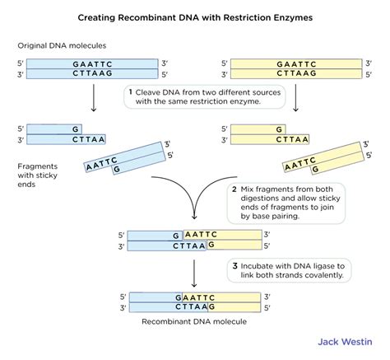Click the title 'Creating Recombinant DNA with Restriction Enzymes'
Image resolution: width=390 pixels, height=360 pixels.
pyautogui.click(x=194, y=15)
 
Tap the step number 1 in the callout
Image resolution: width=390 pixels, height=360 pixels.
pyautogui.click(x=131, y=93)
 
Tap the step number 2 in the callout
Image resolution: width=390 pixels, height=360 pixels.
pyautogui.click(x=234, y=189)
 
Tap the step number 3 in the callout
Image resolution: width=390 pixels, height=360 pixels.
pyautogui.click(x=234, y=265)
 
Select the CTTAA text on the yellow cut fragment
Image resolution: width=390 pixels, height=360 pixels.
pyautogui.click(x=293, y=139)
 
